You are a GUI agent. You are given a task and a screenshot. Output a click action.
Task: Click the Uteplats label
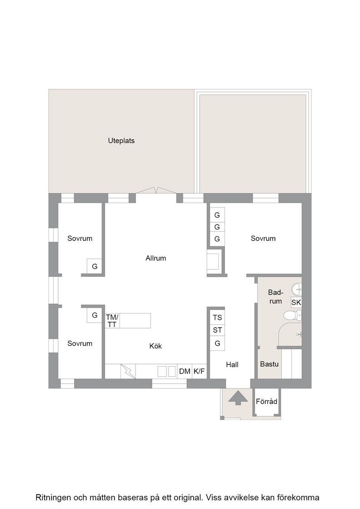point(121,141)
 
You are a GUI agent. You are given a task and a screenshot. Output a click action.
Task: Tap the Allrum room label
point(156,259)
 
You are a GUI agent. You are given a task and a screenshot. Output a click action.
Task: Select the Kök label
point(155,346)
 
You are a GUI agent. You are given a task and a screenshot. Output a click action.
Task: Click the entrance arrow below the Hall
point(238,398)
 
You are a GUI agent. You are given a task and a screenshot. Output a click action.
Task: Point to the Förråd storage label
point(266,402)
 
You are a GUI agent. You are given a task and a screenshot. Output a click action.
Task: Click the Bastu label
point(269,364)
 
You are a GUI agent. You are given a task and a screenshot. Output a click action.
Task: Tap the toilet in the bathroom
point(292,315)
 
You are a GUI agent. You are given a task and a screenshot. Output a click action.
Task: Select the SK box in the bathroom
point(296,303)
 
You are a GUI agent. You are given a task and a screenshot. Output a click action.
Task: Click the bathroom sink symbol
point(297,288)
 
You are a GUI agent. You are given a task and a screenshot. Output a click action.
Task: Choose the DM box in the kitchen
point(185,371)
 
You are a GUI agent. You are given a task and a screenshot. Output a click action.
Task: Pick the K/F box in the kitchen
point(199,371)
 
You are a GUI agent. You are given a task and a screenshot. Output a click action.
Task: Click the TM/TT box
point(112,321)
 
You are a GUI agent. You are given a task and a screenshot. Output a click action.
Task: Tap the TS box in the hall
point(217,317)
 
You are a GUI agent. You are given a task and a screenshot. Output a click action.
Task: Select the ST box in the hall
point(217,330)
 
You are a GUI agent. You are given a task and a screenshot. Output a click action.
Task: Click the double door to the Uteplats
point(156,190)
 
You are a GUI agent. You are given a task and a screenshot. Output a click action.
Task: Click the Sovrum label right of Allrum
point(263,239)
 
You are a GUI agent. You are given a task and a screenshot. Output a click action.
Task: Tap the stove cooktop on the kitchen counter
point(166,371)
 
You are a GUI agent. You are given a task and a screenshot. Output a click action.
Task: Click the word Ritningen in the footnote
point(53,498)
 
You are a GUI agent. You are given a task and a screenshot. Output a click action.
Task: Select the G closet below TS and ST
point(217,344)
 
